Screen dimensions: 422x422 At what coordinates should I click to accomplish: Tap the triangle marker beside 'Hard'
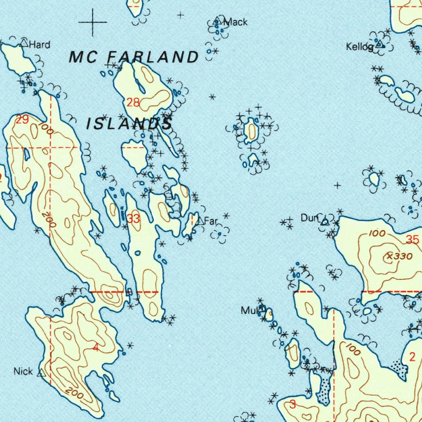pos(24,42)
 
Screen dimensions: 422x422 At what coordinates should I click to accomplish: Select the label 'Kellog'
pos(359,47)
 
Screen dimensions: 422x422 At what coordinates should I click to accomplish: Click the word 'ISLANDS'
pos(129,124)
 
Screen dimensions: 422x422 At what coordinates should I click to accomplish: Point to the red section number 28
pos(133,103)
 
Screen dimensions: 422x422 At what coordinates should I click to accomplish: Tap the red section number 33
pos(133,219)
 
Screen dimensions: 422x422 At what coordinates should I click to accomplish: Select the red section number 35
pos(412,239)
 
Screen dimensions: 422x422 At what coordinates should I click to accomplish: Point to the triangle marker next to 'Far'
pos(200,221)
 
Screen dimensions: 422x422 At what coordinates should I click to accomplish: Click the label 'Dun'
pos(309,218)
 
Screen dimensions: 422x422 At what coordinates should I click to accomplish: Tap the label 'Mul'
pos(249,310)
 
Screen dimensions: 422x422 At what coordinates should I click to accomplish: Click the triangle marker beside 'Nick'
pos(41,373)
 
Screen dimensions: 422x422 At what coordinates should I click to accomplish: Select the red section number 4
pos(96,347)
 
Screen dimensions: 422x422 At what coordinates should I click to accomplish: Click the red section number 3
pos(292,404)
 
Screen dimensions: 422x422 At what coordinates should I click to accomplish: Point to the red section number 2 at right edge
pos(413,357)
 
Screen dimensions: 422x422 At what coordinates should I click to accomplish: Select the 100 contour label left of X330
pos(377,234)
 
